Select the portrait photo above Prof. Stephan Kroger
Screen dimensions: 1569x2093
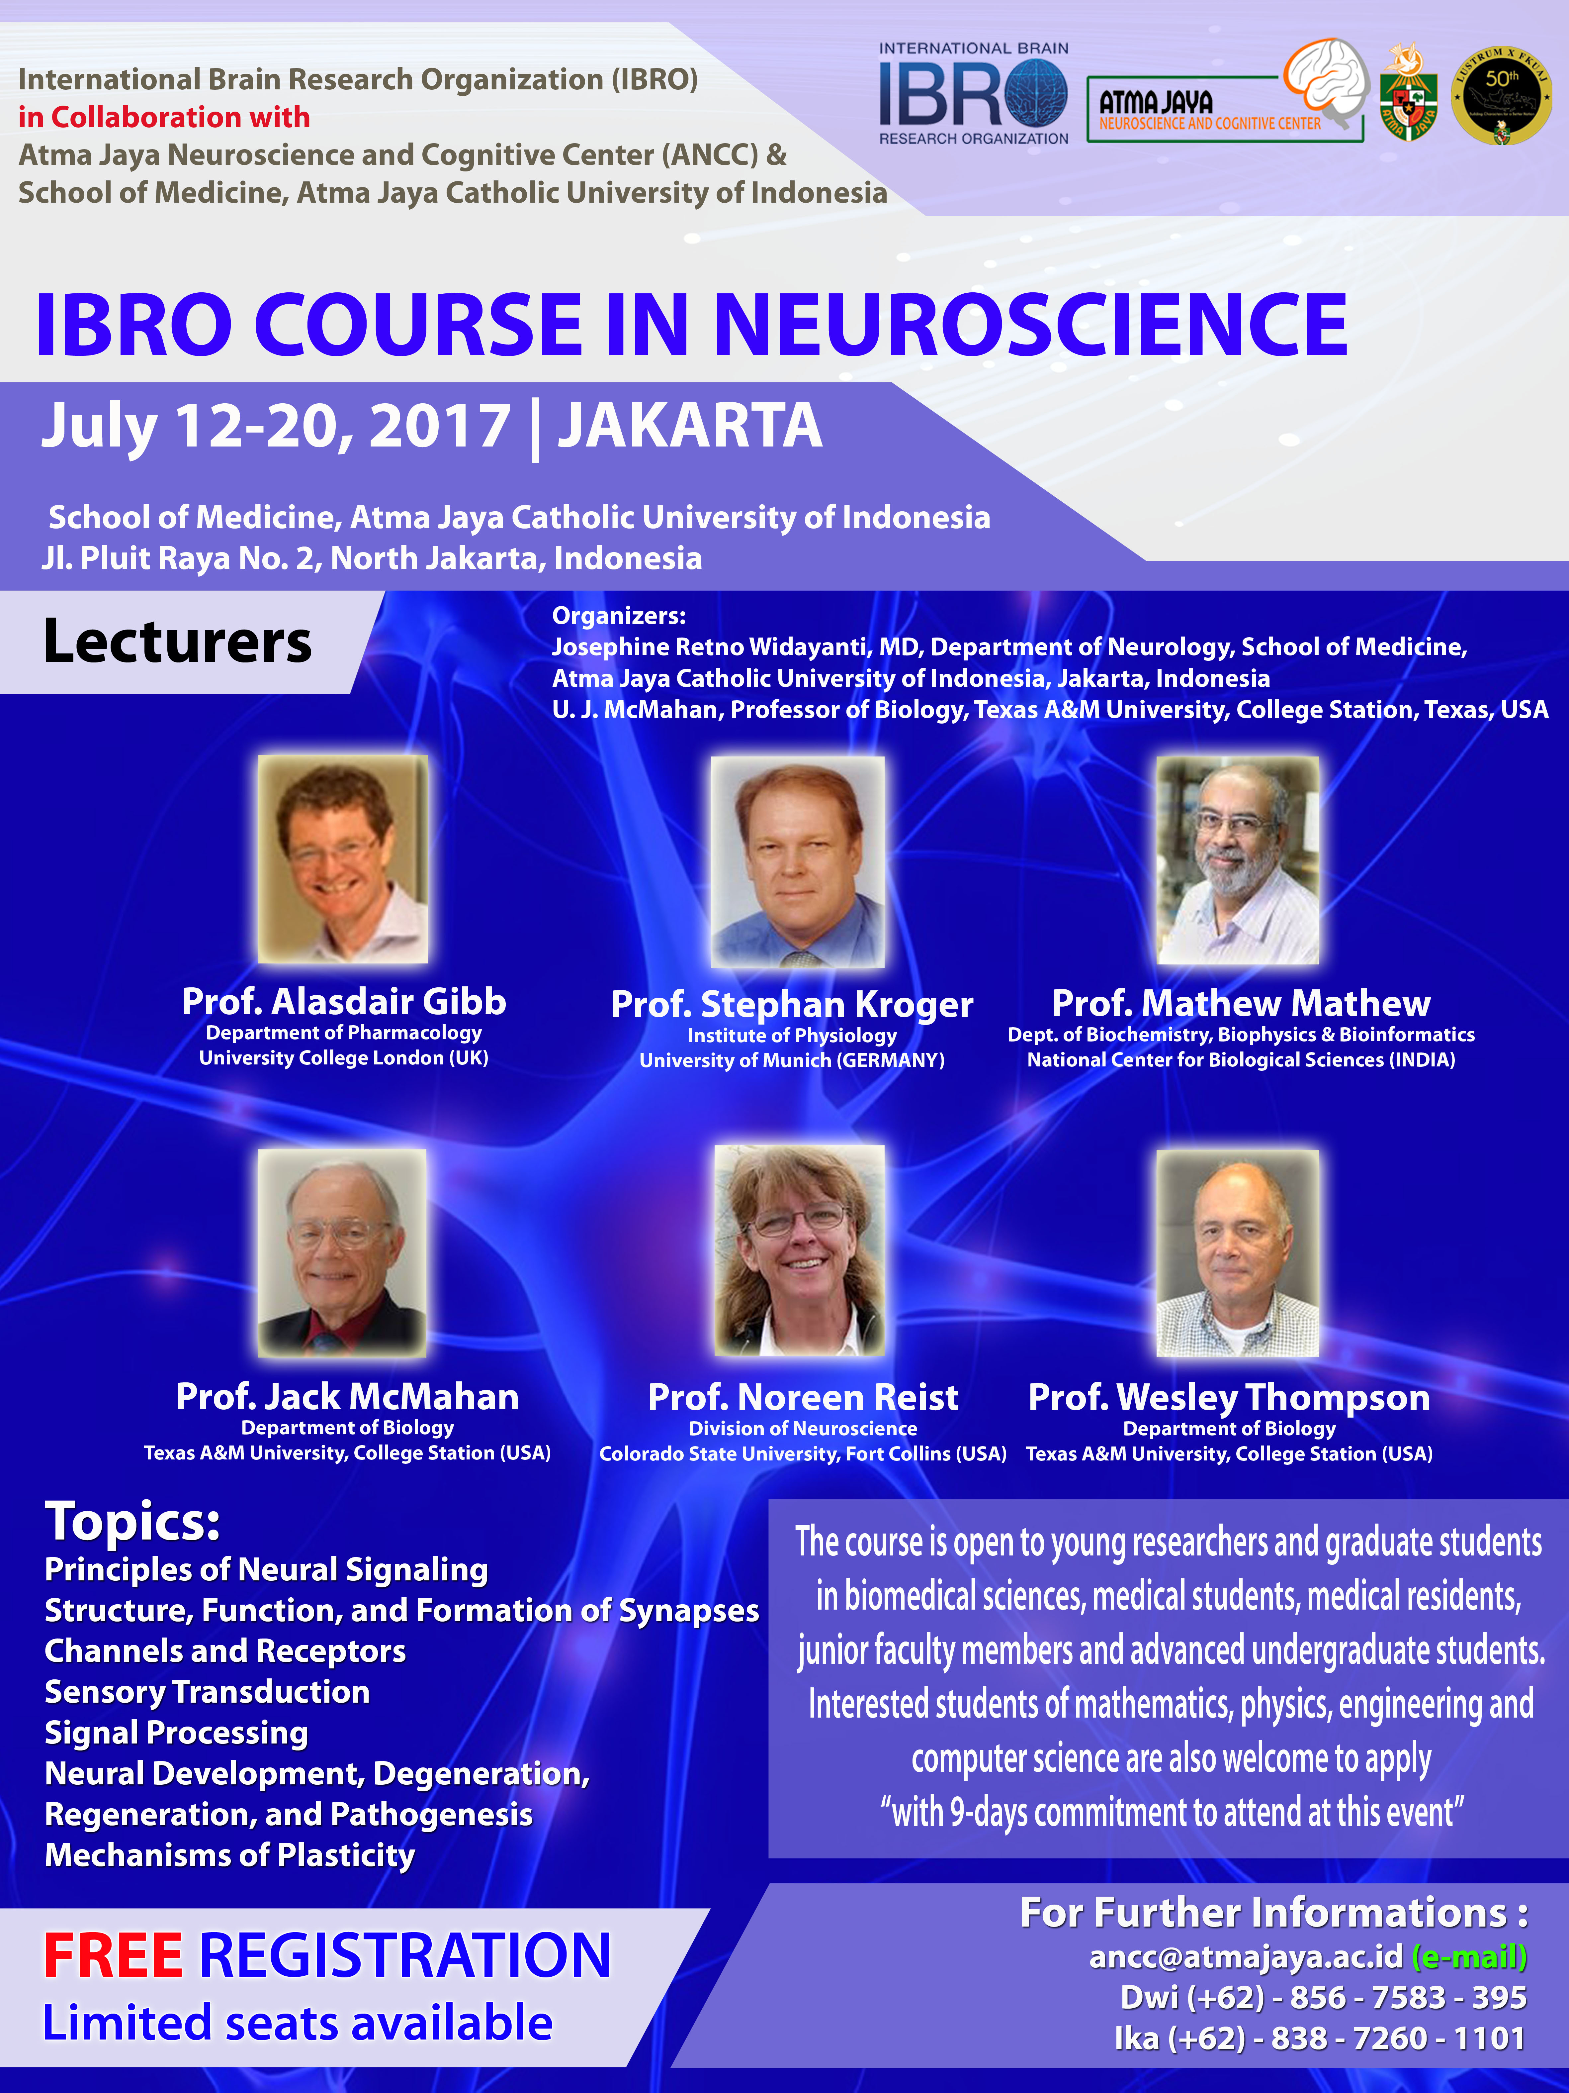coord(797,861)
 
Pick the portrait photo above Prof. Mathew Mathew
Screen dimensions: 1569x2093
coord(1238,860)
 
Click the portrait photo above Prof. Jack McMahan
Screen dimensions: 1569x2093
coord(342,1253)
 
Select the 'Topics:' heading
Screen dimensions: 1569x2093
coord(132,1522)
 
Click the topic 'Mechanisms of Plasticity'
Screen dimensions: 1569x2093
coord(230,1855)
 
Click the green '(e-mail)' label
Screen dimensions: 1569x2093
coord(1470,1956)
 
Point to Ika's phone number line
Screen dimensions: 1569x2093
coord(1320,2038)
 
